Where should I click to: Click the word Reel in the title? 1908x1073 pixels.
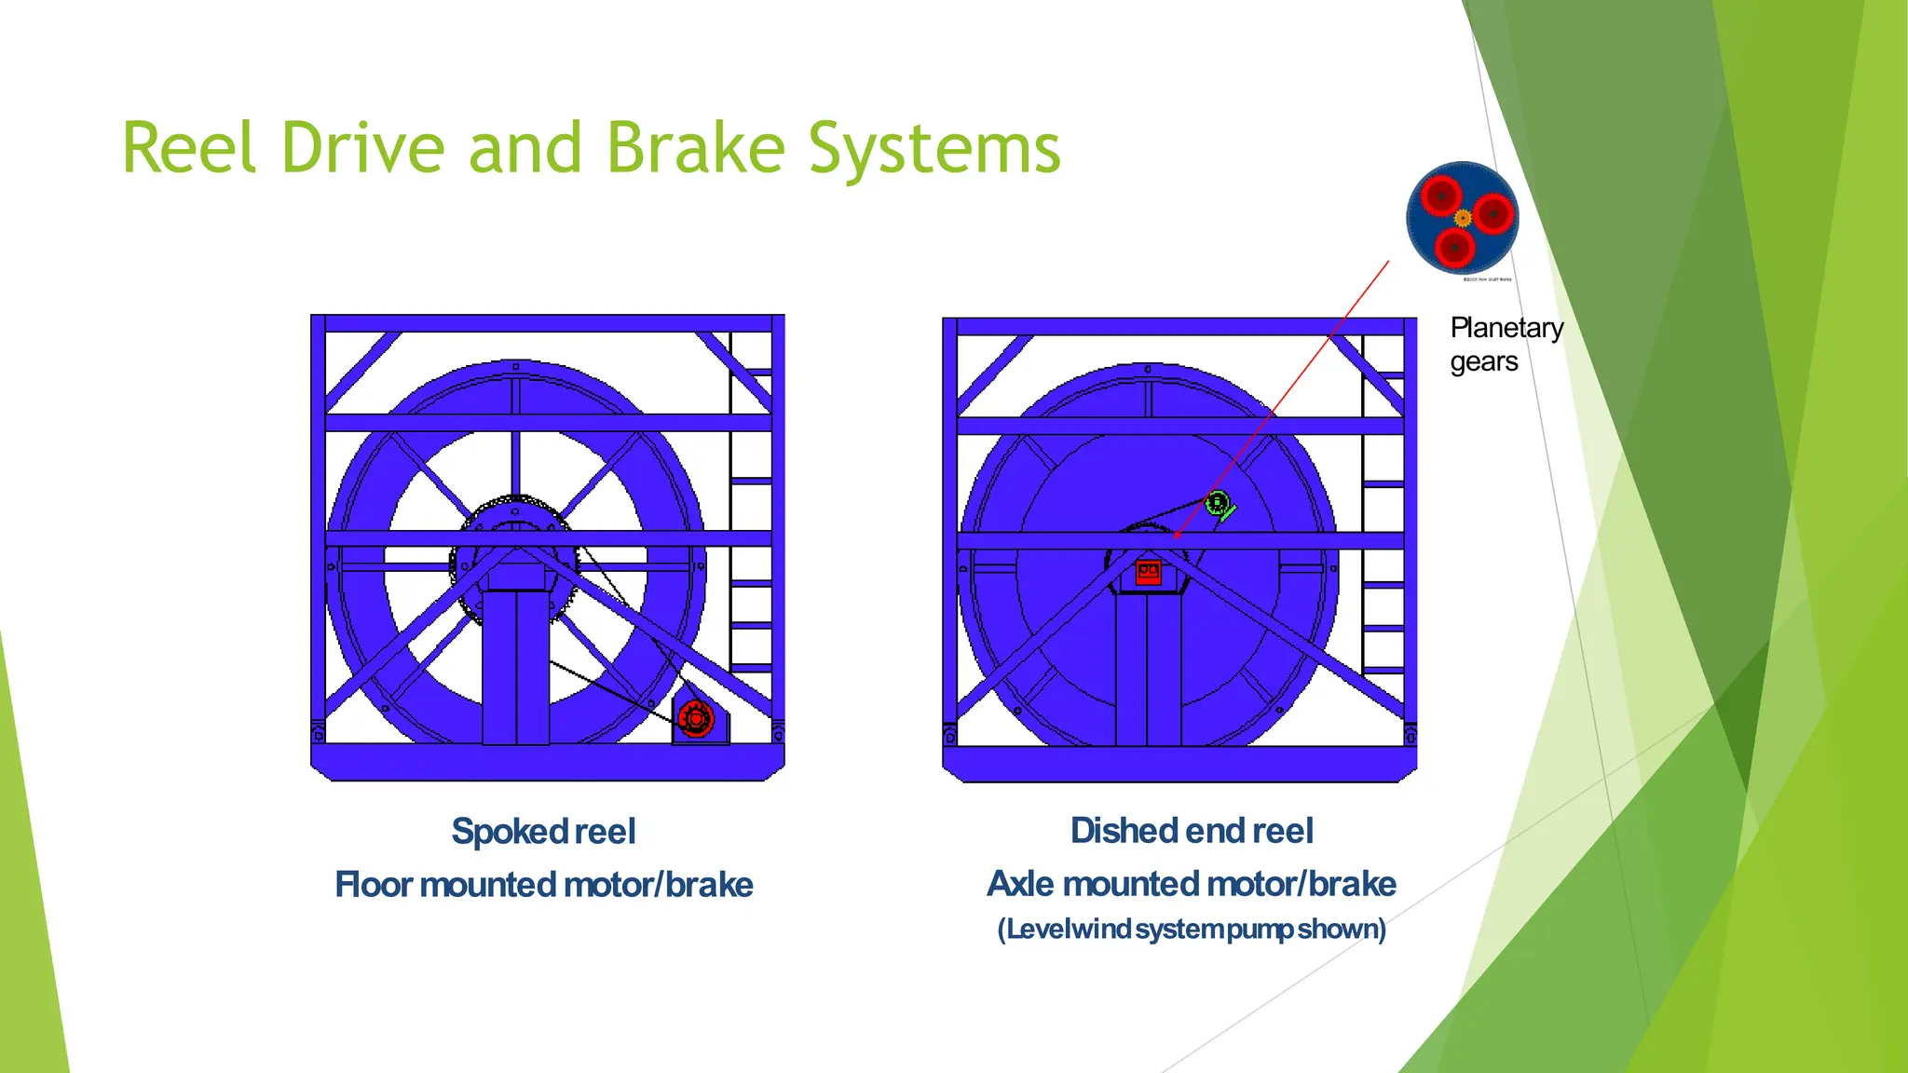point(190,149)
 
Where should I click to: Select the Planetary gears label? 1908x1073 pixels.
point(1506,345)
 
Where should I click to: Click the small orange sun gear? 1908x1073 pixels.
point(1463,219)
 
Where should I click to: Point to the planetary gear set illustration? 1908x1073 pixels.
point(1463,218)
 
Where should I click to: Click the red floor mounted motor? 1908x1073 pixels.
point(695,719)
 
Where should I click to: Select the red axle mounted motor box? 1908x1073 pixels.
point(1148,572)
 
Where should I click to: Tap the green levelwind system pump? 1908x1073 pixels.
point(1218,505)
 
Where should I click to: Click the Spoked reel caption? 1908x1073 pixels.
point(543,831)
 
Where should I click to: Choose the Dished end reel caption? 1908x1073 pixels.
point(1192,830)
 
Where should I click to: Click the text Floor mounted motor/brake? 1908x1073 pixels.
point(543,884)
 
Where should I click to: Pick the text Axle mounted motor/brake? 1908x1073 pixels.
point(1192,883)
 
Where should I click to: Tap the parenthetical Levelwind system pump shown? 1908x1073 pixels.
point(1192,929)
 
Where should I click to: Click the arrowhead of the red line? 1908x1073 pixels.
point(1177,536)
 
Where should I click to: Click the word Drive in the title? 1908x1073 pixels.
point(363,149)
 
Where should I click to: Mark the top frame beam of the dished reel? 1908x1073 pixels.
point(1179,327)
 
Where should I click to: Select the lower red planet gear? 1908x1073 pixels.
point(1454,248)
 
